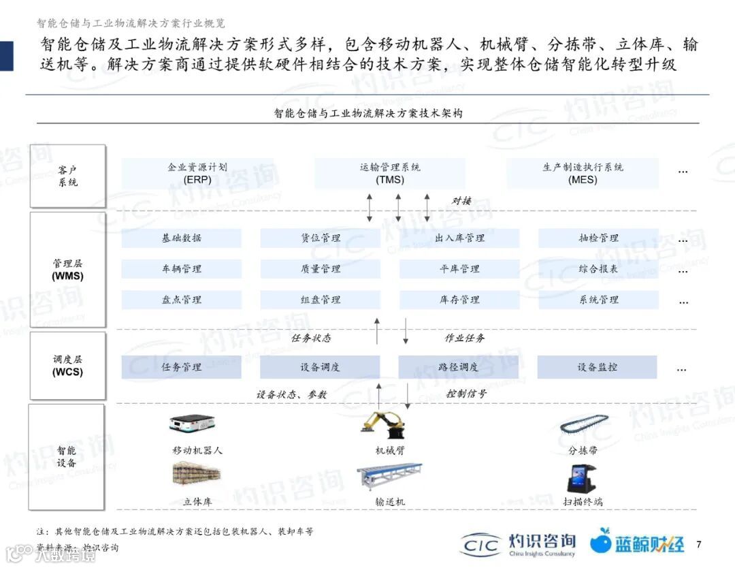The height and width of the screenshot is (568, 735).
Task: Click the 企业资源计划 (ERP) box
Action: coord(197,174)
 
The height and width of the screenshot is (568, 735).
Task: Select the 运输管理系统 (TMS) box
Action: coord(390,174)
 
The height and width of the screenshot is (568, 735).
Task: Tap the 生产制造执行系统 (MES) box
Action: coord(583,174)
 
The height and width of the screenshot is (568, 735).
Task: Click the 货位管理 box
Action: coord(321,238)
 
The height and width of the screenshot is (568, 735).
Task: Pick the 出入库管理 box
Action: coord(459,238)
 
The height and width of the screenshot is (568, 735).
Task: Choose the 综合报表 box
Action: coord(598,268)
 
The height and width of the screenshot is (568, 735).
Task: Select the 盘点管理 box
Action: coord(182,299)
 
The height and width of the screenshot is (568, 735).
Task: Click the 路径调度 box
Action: coord(459,367)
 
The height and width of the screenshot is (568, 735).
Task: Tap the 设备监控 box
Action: coord(598,367)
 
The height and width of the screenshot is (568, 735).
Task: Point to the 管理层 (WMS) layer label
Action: coord(67,270)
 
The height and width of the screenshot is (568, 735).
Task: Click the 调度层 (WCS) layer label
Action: coord(67,366)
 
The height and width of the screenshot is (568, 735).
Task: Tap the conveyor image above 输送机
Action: coord(389,477)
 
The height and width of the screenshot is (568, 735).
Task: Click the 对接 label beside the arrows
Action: coord(462,200)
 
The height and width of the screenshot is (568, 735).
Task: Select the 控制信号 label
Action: coord(466,394)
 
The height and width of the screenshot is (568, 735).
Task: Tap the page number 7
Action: coord(699,543)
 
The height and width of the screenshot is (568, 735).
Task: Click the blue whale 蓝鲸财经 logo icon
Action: coord(600,542)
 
